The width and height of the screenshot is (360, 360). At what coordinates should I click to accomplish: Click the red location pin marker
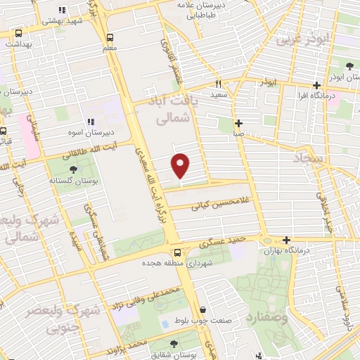click(181, 165)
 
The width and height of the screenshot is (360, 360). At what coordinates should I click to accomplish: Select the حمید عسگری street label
click(221, 243)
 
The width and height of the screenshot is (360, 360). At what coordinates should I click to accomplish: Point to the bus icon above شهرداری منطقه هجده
click(176, 252)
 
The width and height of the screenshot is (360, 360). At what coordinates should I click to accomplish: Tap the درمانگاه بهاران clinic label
click(288, 250)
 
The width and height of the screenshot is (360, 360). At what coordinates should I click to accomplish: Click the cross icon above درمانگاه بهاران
click(286, 240)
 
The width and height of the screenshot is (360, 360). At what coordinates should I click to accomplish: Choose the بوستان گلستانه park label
click(72, 180)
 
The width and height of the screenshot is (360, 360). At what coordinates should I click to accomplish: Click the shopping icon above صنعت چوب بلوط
click(202, 309)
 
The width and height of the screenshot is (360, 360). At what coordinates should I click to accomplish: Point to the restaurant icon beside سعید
click(219, 82)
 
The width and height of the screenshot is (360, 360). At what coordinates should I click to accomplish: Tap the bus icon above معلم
click(109, 37)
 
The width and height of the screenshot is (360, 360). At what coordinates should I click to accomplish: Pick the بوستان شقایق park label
click(173, 354)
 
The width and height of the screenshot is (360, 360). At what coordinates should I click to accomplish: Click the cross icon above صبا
click(239, 122)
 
